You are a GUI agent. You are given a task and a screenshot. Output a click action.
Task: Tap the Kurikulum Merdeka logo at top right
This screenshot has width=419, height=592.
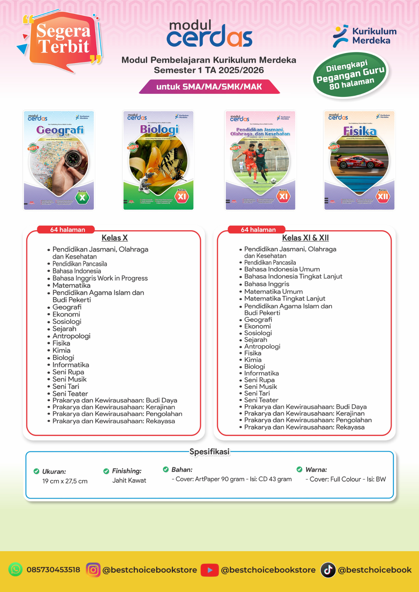(365, 36)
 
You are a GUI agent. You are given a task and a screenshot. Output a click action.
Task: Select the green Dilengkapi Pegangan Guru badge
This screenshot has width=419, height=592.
(350, 75)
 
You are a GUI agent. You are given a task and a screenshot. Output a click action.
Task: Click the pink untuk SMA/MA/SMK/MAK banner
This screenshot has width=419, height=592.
(209, 87)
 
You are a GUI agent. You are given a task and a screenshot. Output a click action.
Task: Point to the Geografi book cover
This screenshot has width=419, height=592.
(59, 160)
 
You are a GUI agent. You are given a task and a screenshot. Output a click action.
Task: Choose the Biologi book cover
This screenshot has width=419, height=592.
(158, 160)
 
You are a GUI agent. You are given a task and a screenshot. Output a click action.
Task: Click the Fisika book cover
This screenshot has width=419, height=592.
(359, 160)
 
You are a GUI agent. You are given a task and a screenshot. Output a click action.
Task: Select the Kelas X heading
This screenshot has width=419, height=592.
(114, 238)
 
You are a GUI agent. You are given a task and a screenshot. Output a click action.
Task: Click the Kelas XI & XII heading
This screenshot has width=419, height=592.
(305, 238)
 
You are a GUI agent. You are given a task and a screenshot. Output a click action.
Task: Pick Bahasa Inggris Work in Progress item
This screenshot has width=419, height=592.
(100, 278)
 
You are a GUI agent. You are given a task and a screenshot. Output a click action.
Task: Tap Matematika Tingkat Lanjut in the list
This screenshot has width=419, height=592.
(285, 299)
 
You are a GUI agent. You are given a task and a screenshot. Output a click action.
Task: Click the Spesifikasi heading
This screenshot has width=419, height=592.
(209, 452)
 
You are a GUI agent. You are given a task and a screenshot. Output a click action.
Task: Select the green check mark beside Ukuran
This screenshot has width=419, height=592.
(36, 471)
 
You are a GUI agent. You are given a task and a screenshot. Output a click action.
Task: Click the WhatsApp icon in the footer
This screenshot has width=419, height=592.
(16, 570)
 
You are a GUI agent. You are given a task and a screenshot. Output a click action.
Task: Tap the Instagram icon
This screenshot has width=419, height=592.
(93, 570)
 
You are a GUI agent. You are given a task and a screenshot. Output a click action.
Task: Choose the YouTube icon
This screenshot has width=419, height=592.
(209, 570)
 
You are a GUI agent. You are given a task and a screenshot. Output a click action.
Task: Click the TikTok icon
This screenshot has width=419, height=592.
(328, 570)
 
